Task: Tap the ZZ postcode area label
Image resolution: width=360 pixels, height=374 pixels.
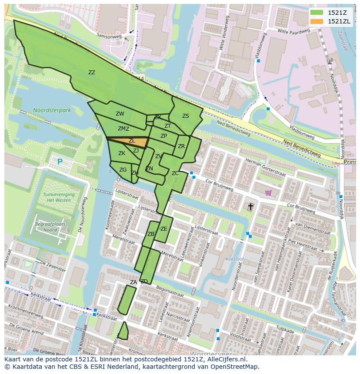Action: click(91, 73)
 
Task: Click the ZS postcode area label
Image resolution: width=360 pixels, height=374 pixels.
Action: click(186, 116)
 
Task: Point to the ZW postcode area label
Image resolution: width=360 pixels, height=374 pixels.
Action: click(120, 114)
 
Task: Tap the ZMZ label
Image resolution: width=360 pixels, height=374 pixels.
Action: click(123, 129)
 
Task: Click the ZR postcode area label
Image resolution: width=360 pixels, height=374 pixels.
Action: click(181, 146)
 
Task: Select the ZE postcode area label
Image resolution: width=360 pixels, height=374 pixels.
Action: click(163, 229)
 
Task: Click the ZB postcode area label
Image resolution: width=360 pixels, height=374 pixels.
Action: click(151, 234)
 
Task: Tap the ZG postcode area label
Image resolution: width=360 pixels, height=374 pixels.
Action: click(123, 170)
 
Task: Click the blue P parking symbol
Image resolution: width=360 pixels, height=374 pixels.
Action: click(60, 162)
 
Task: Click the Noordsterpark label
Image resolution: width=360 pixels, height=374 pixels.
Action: click(52, 110)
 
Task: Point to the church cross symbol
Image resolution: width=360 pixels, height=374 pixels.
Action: click(251, 206)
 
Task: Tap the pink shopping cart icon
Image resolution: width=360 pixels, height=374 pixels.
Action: click(268, 192)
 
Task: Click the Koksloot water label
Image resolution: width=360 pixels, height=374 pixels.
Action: click(235, 259)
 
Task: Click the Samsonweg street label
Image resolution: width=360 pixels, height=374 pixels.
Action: click(109, 36)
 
